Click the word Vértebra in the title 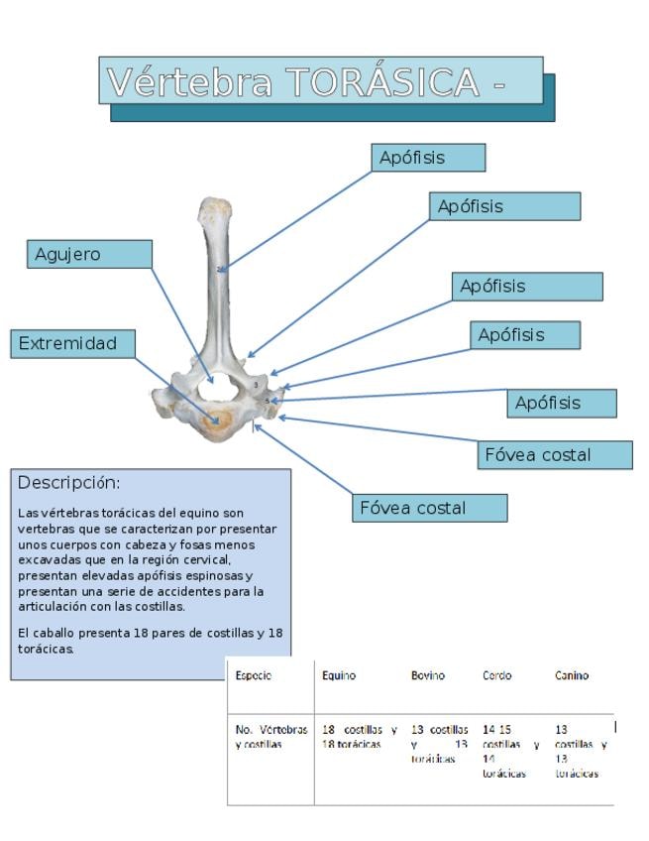pos(188,81)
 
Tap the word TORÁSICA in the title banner pos(382,81)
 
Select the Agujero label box pos(88,254)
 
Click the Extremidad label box pos(72,343)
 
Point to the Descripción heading pos(69,483)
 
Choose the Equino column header pos(339,675)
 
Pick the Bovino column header pos(428,675)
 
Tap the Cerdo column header pos(497,675)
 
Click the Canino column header pos(572,675)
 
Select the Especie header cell pos(254,675)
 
